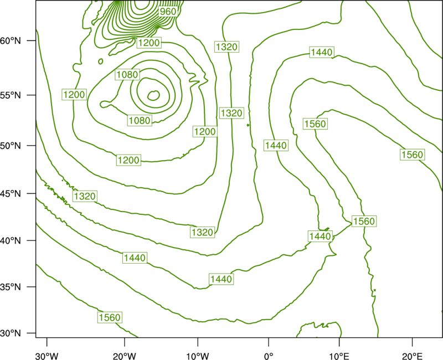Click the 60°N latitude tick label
coord(11,40)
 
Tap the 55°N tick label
coord(11,95)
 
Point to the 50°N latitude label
coord(11,146)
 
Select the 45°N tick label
coord(11,193)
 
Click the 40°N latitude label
coord(11,240)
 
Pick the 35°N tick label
coord(11,287)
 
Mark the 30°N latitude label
coord(11,333)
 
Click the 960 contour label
coord(168,12)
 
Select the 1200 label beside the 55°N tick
coord(74,94)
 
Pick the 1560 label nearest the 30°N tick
coord(110,317)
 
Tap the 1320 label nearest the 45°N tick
coord(85,196)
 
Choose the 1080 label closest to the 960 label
coord(127,75)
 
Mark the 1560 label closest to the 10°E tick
coord(364,221)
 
